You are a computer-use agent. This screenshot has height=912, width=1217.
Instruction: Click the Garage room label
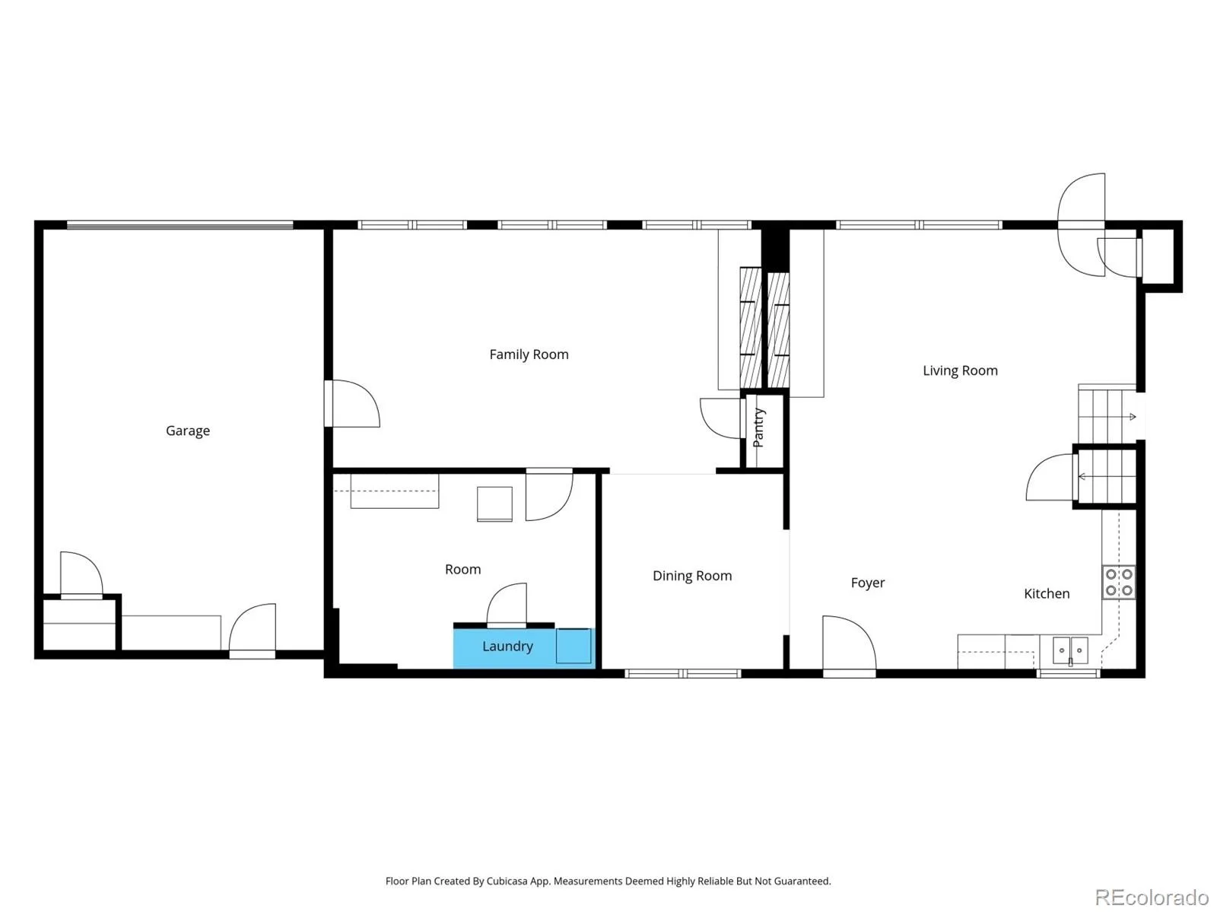point(187,431)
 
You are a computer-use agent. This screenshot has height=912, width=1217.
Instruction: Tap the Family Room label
point(529,354)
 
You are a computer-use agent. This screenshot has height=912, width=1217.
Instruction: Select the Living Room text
point(960,370)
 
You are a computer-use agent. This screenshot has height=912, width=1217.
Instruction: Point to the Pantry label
point(758,427)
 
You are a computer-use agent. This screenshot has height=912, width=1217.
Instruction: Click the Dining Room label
point(692,576)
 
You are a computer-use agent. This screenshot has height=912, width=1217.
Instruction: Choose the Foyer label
point(868,583)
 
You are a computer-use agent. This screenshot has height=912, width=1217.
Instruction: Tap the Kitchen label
point(1046,593)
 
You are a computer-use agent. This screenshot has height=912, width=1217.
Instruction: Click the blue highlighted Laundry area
point(524,648)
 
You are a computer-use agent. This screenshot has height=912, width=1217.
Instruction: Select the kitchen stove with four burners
point(1118,582)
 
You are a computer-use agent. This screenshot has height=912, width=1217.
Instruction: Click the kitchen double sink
point(1070,650)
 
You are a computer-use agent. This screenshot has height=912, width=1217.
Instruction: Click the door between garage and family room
point(351,404)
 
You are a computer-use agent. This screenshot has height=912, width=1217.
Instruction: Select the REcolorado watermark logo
point(1152,897)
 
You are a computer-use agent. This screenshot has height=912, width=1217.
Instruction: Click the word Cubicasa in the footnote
point(507,881)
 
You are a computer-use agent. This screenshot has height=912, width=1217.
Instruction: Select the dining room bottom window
point(682,674)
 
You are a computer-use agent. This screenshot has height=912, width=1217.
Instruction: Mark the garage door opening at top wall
point(180,224)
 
